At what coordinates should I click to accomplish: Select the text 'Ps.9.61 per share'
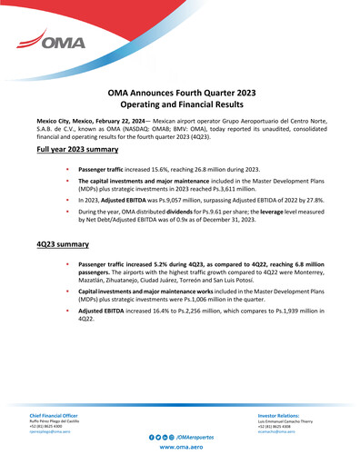coord(239,210)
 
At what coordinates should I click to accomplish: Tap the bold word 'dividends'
coord(188,210)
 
